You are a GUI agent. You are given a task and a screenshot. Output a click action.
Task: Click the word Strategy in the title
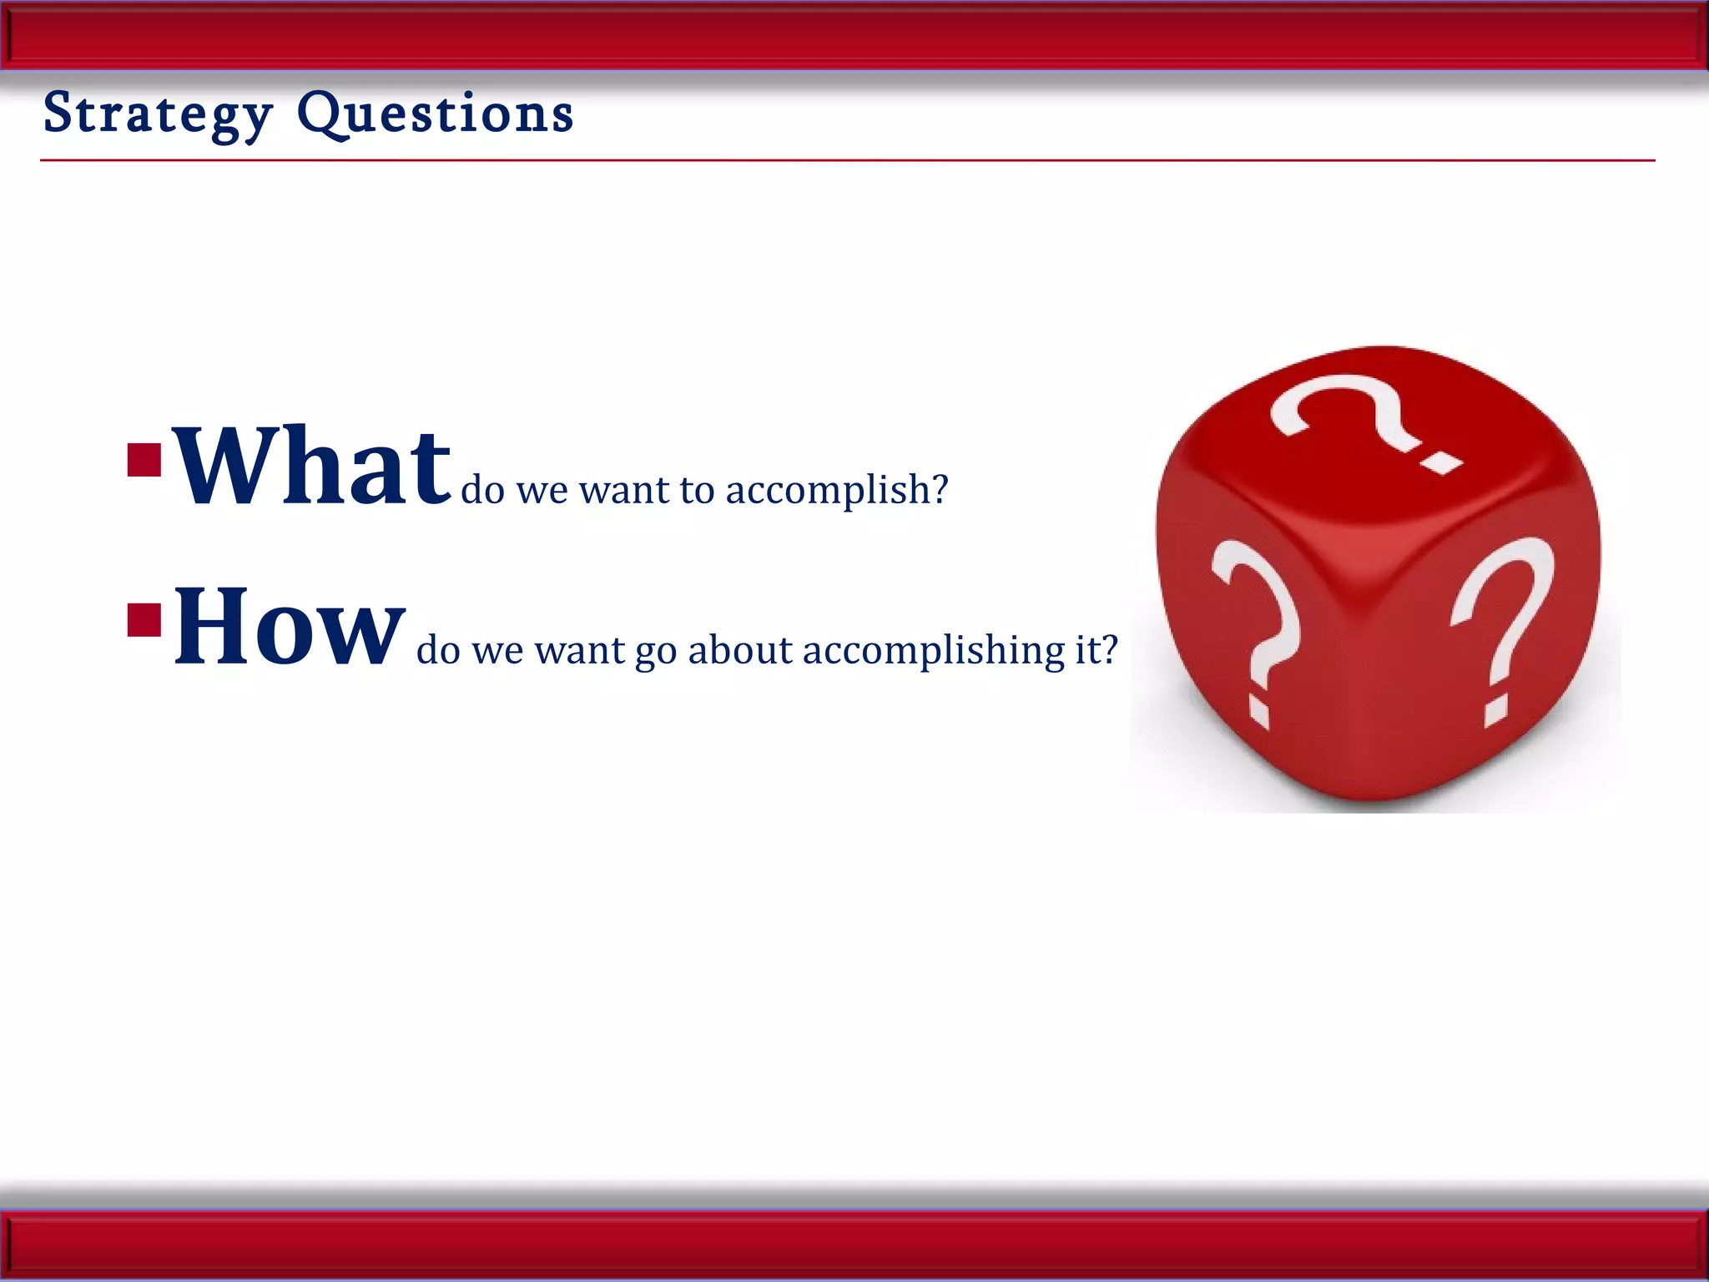tap(158, 114)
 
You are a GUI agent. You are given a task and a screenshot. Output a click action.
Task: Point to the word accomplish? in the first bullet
tap(836, 490)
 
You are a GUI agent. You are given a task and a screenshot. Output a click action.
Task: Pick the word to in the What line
tap(697, 490)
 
